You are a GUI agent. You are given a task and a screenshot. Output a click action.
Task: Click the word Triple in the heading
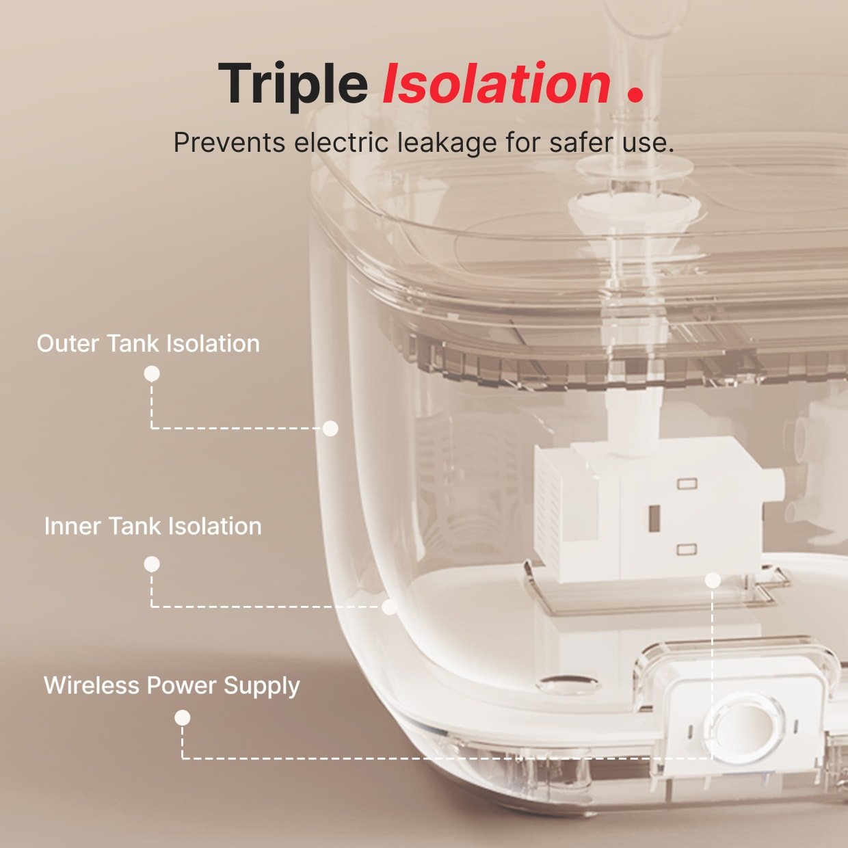pyautogui.click(x=293, y=85)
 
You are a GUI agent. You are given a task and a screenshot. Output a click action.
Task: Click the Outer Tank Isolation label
pyautogui.click(x=148, y=344)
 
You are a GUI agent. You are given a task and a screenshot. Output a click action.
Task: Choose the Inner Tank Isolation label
pyautogui.click(x=153, y=527)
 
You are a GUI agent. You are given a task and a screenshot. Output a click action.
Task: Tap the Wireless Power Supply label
pyautogui.click(x=172, y=686)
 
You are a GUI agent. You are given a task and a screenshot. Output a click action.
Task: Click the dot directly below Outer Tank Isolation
pyautogui.click(x=152, y=374)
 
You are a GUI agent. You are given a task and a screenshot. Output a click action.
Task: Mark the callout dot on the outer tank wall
pyautogui.click(x=330, y=428)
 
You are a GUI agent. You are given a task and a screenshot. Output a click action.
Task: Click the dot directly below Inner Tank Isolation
pyautogui.click(x=152, y=564)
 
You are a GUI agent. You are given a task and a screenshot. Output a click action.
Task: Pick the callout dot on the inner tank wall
pyautogui.click(x=389, y=607)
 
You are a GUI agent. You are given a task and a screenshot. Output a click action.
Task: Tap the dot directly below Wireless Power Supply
pyautogui.click(x=182, y=718)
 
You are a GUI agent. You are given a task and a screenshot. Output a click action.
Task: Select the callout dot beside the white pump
pyautogui.click(x=713, y=581)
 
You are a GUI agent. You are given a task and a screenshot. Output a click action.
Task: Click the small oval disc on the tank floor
pyautogui.click(x=569, y=683)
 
